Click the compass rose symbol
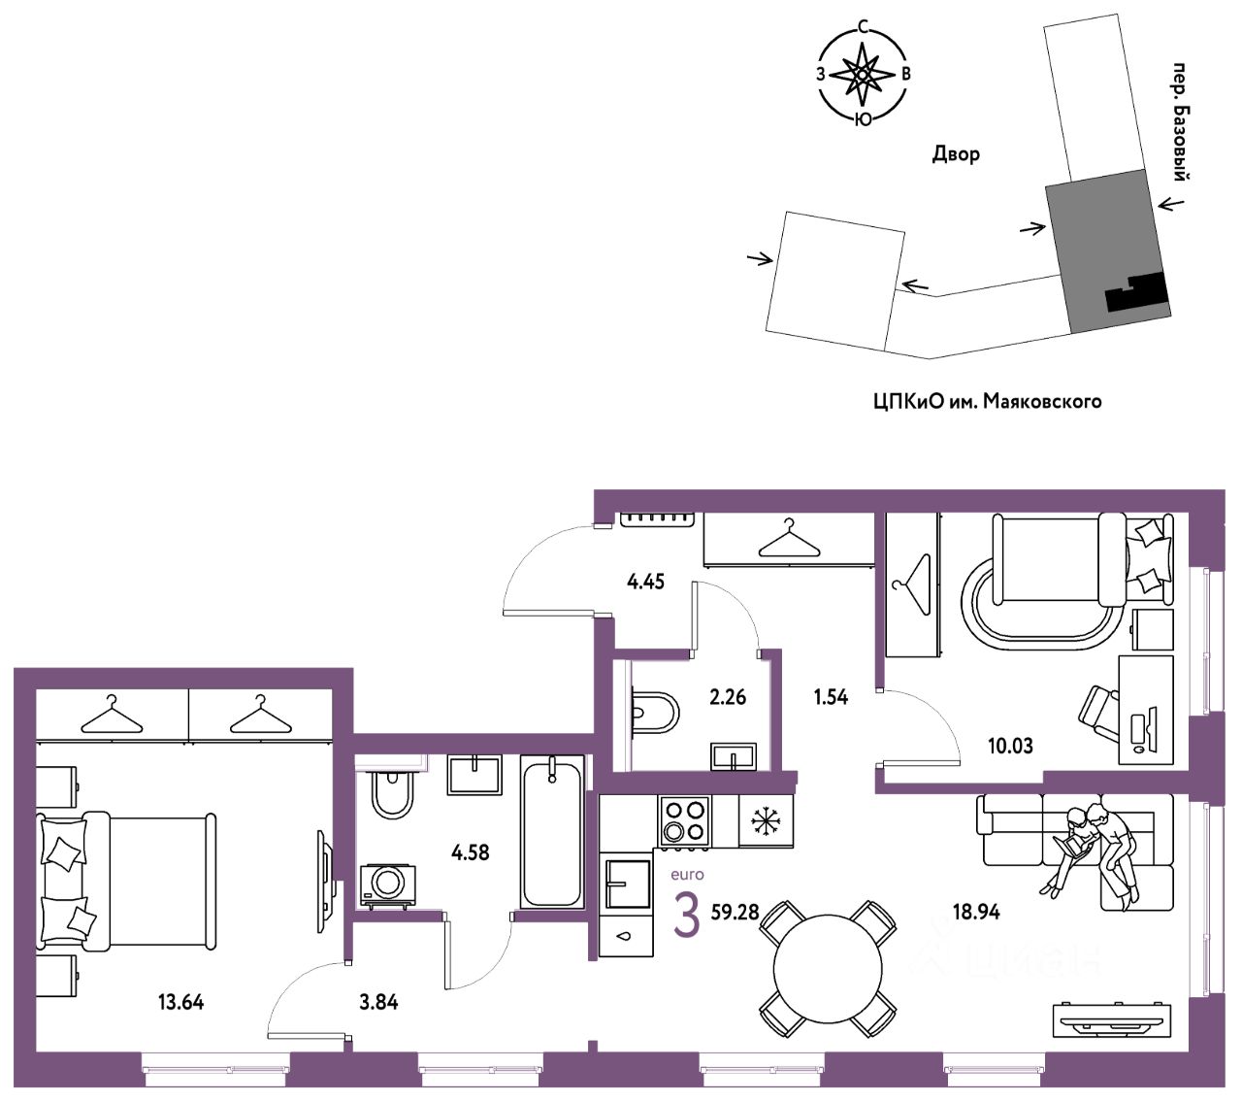coord(862,74)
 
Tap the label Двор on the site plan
coord(956,153)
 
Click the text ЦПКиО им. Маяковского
coord(987,400)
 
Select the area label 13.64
coord(180,1002)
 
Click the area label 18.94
coord(976,912)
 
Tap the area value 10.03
coord(1009,746)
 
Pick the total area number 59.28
coord(735,912)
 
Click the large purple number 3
coord(686,917)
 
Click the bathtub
coord(553,833)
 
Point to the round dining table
coord(828,968)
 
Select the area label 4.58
coord(471,852)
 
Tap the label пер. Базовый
coord(1180,121)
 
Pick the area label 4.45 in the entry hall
coord(645,582)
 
